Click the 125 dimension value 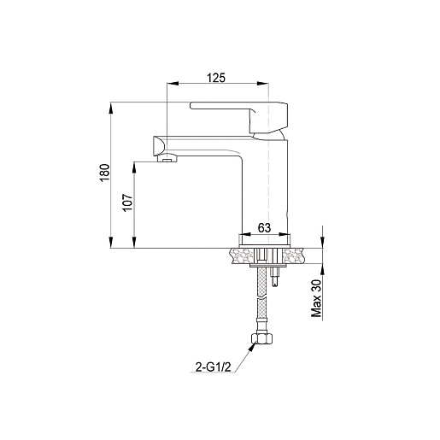[x=215, y=78]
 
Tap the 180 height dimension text [x=105, y=173]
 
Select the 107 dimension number [x=128, y=202]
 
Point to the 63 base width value [x=264, y=228]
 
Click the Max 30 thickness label [x=316, y=298]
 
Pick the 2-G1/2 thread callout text [x=213, y=367]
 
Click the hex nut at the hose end [x=261, y=339]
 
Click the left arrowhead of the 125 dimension [x=173, y=83]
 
